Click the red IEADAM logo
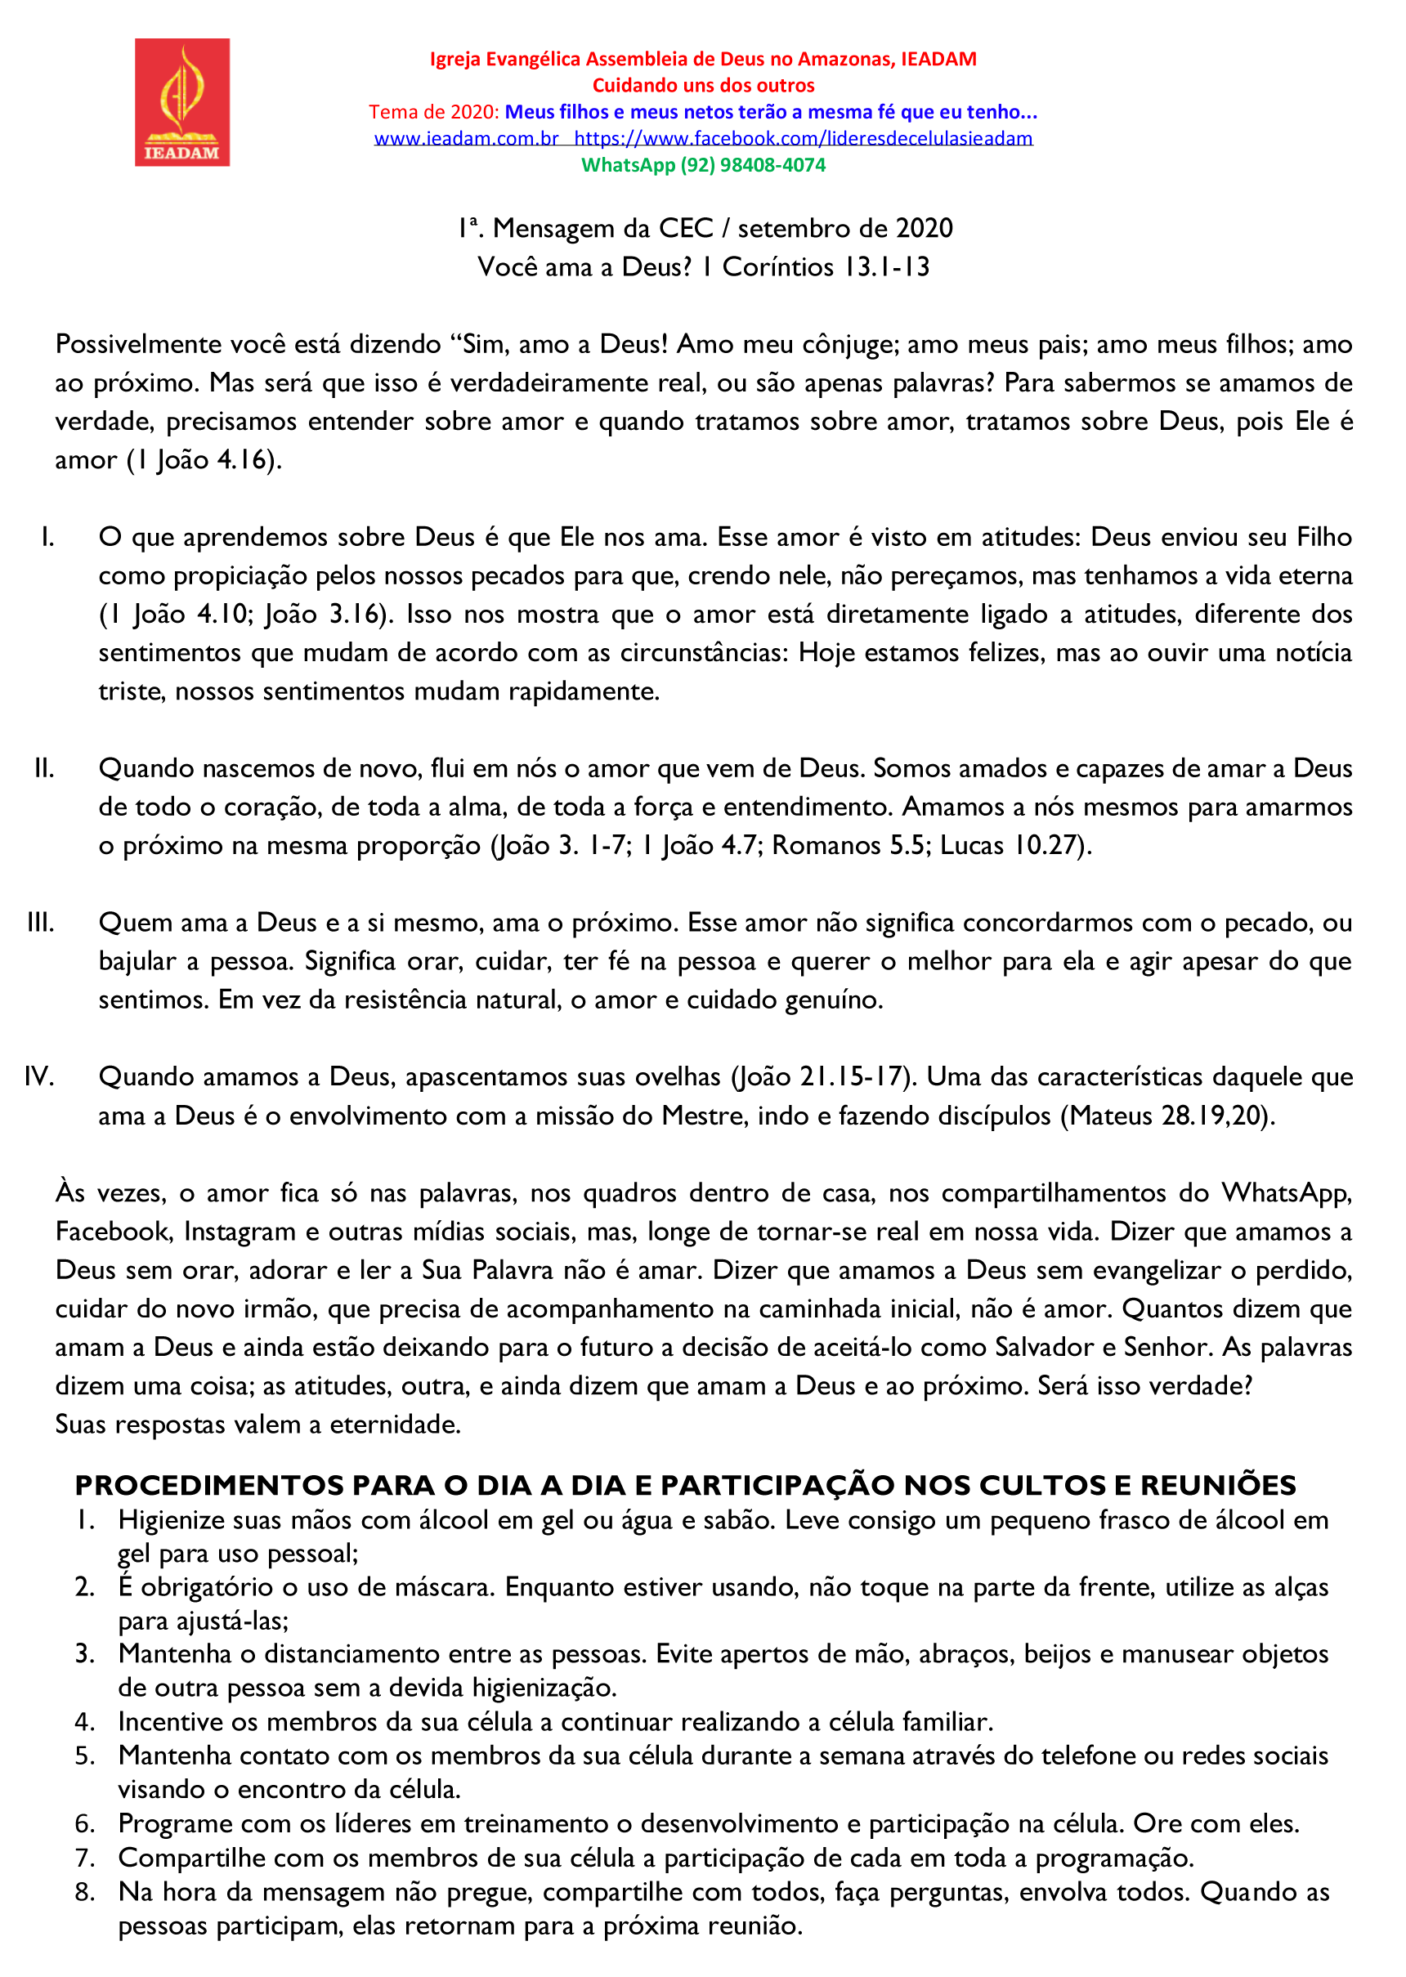tap(181, 102)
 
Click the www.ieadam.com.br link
tap(466, 138)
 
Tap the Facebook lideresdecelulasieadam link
tap(803, 138)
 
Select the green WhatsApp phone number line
tap(703, 165)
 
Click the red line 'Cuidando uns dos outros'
tap(703, 86)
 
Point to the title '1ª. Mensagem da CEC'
tap(586, 229)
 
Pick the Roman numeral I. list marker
tap(47, 538)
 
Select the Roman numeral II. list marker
tap(44, 768)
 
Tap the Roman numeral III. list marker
tap(41, 923)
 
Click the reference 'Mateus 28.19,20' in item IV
tap(1168, 1116)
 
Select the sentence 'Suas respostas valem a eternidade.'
tap(258, 1424)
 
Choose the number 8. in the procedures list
tap(85, 1892)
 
